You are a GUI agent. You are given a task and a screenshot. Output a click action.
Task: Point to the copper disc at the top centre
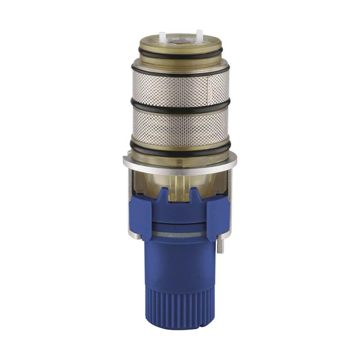[x=180, y=42]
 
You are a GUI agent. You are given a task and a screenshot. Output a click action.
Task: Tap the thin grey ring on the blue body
[x=180, y=234]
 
